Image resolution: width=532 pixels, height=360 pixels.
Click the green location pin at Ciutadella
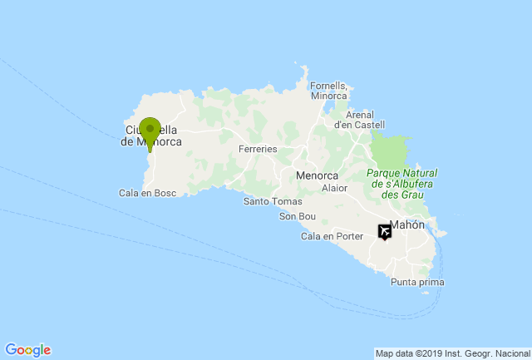[150, 132]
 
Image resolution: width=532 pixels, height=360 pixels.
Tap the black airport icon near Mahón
[386, 232]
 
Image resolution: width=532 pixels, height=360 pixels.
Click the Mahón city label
[406, 225]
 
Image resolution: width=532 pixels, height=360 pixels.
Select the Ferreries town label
[257, 149]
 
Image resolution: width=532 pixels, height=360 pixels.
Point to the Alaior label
[334, 188]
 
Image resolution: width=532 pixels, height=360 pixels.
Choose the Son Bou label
[298, 217]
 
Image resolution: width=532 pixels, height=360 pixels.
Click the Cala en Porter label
[332, 236]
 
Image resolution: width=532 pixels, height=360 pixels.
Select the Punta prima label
[417, 283]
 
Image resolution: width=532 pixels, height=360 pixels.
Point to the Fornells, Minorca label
[328, 91]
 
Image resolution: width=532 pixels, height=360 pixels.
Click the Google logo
[27, 350]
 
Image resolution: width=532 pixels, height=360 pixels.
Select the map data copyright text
[451, 353]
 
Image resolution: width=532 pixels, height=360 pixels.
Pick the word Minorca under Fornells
[328, 96]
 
